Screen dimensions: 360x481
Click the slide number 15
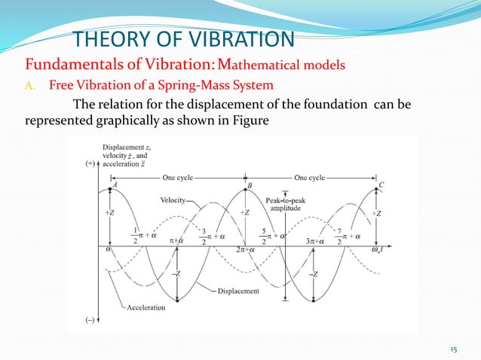(x=454, y=349)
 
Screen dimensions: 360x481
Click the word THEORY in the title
(x=110, y=39)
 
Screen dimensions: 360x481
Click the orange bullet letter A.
(x=32, y=83)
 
